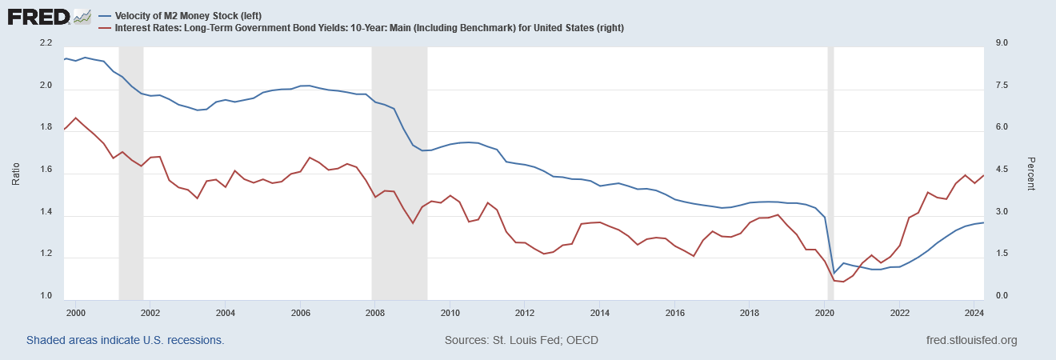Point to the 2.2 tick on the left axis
coord(45,43)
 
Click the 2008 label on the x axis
coord(374,312)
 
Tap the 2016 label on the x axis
coord(674,312)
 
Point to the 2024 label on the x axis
coord(973,312)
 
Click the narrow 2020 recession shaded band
coord(830,160)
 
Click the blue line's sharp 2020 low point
coord(834,273)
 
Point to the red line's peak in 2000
coord(75,118)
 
